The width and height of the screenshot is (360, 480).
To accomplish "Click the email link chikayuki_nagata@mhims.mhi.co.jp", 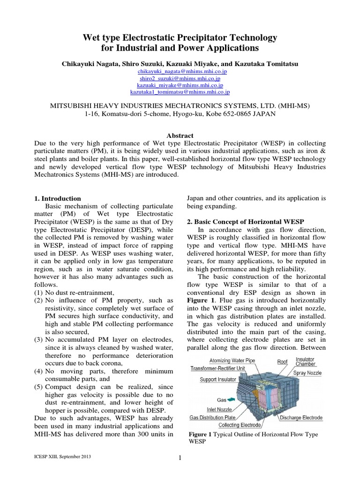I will coord(180,71).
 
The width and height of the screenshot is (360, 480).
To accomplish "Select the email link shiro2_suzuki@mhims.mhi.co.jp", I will coord(180,78).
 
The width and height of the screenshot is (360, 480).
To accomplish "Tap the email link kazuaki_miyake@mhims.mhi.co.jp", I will coord(180,86).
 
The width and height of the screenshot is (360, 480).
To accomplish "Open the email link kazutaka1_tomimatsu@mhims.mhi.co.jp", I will coord(180,93).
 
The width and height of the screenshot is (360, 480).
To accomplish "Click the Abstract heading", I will coord(180,135).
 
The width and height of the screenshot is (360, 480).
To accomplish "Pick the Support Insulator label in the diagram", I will coord(218,379).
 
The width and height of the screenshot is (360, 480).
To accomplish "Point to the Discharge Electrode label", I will coord(301,418).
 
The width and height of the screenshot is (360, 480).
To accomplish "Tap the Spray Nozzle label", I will coord(306,373).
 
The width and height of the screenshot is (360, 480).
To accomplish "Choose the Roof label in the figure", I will coord(282,361).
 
